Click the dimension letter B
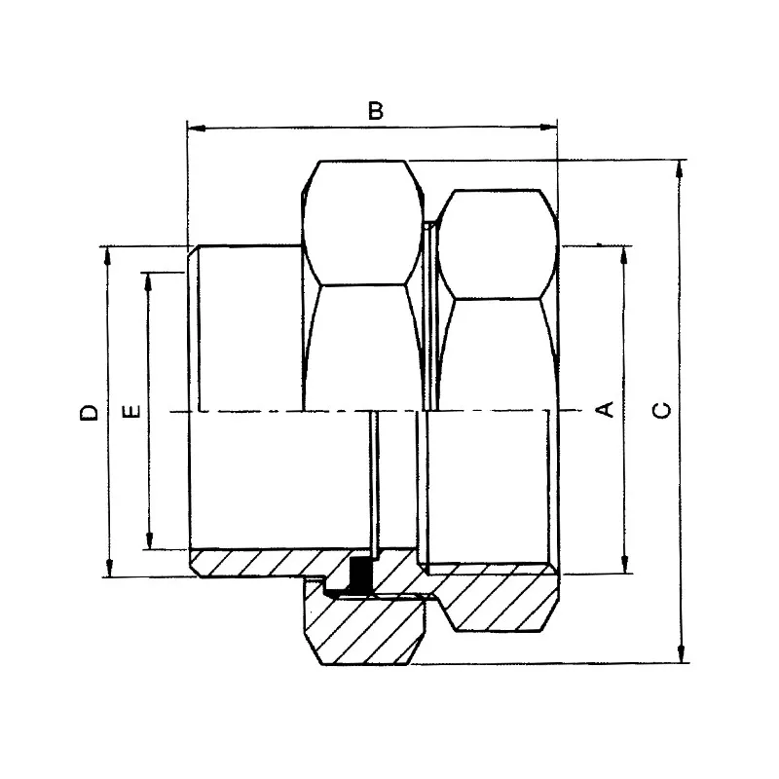tap(376, 110)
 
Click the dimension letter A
tap(605, 409)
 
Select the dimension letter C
tap(661, 409)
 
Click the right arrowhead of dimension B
tap(550, 127)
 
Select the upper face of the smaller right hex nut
tap(497, 243)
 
